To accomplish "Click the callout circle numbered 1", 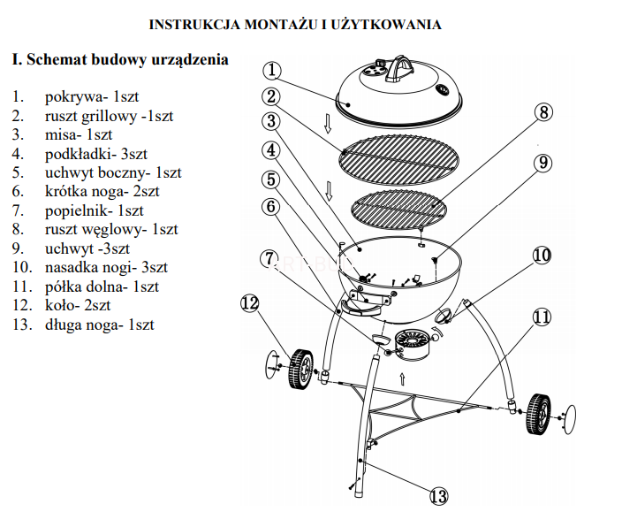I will coord(273,70).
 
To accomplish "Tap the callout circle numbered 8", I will coord(544,112).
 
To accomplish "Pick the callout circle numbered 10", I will coord(542,256).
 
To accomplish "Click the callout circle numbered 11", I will coord(541,317).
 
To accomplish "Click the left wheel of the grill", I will coord(300,369).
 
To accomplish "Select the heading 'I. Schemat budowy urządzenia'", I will coord(120,60).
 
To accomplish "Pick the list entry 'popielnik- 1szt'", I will coord(94,210).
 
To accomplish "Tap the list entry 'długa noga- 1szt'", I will coord(99,325).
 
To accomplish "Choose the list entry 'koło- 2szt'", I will coord(78,305).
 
